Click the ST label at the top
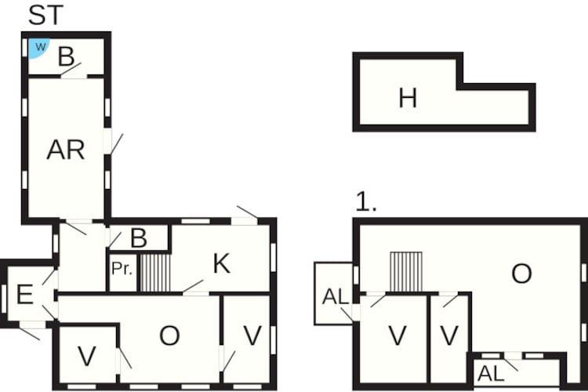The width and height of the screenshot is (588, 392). click(47, 15)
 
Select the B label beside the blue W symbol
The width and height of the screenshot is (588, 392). click(67, 56)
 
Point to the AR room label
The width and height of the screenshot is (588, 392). click(65, 150)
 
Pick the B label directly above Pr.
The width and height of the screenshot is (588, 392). click(138, 238)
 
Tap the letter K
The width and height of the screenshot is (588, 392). click(221, 263)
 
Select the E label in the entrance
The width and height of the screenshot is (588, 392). click(24, 295)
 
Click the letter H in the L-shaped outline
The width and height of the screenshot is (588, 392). click(407, 98)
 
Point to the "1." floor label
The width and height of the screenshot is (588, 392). click(366, 202)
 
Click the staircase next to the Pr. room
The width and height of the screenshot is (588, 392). click(155, 272)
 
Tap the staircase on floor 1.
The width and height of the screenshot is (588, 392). click(405, 271)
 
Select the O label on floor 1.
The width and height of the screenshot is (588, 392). click(521, 273)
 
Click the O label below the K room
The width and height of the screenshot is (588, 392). click(169, 336)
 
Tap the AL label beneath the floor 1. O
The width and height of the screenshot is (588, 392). click(491, 374)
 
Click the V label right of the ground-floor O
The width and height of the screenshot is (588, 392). click(252, 336)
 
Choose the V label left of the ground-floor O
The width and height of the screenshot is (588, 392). click(87, 356)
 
